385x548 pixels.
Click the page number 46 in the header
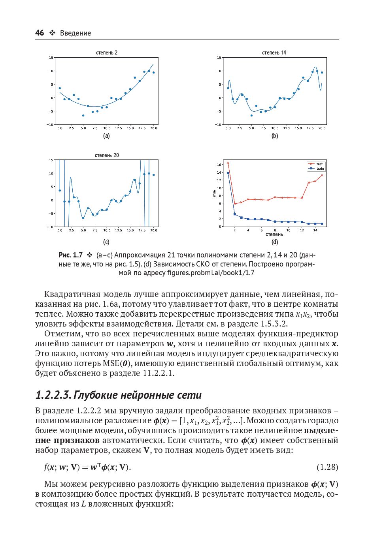click(x=40, y=33)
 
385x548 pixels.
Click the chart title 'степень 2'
click(x=106, y=53)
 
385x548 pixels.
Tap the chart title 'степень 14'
click(x=274, y=53)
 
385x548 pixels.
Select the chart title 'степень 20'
click(x=106, y=155)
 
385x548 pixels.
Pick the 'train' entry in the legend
click(x=320, y=169)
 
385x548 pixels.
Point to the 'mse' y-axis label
click(x=214, y=193)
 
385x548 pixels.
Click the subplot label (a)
click(x=106, y=136)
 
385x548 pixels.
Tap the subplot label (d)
click(x=274, y=242)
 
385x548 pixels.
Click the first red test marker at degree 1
click(x=228, y=163)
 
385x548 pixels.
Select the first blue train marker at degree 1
click(x=228, y=173)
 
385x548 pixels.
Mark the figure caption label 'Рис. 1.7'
click(x=70, y=255)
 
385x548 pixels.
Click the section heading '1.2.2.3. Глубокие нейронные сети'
click(x=118, y=395)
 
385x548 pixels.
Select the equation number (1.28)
click(x=327, y=467)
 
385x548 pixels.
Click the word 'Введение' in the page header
click(x=75, y=33)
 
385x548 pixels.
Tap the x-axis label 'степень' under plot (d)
click(x=274, y=235)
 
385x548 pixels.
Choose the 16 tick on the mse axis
click(x=219, y=165)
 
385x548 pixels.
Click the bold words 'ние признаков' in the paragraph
click(x=67, y=440)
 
